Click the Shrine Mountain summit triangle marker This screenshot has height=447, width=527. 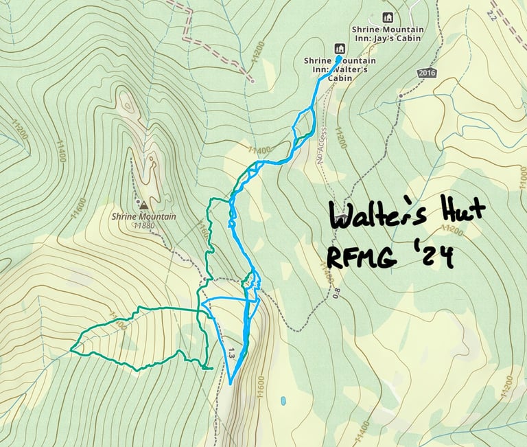tap(143, 205)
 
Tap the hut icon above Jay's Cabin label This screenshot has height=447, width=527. tap(388, 17)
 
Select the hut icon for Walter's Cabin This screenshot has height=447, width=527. tap(338, 48)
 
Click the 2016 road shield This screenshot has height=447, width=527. tap(426, 73)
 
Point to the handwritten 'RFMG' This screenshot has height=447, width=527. tap(363, 257)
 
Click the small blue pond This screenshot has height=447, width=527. tap(282, 400)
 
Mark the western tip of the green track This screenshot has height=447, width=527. tap(71, 350)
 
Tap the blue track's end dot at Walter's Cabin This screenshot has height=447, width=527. tap(340, 58)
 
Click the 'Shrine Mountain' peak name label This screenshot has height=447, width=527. tap(144, 217)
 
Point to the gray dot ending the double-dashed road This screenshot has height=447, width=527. tap(253, 81)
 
